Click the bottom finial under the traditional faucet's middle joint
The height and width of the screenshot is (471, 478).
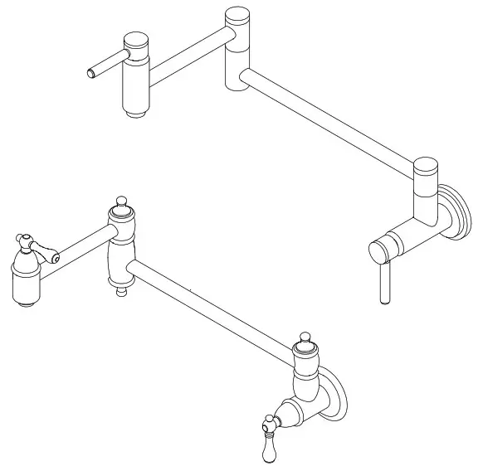[122, 289]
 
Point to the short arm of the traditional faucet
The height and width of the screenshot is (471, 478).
[81, 246]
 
